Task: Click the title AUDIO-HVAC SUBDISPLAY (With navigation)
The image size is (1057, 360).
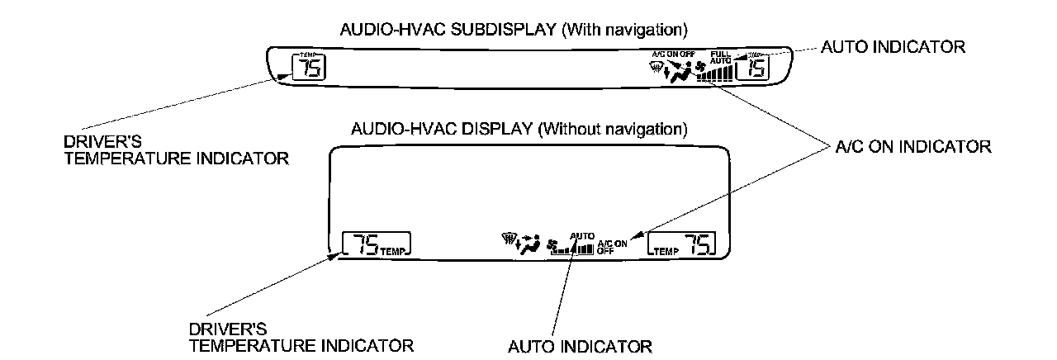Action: (x=514, y=31)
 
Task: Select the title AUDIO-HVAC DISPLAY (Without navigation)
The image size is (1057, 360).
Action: (x=519, y=130)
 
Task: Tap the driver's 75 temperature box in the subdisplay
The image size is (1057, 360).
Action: (x=308, y=68)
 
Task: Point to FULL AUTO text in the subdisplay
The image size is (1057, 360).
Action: (x=720, y=59)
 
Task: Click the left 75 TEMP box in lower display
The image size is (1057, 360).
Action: (x=377, y=244)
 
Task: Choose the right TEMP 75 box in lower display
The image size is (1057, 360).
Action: (x=682, y=244)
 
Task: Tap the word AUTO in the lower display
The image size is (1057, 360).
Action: (x=581, y=235)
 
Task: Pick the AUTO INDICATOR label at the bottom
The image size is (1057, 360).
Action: (x=580, y=345)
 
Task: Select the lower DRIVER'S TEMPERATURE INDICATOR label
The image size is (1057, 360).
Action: (x=301, y=337)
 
